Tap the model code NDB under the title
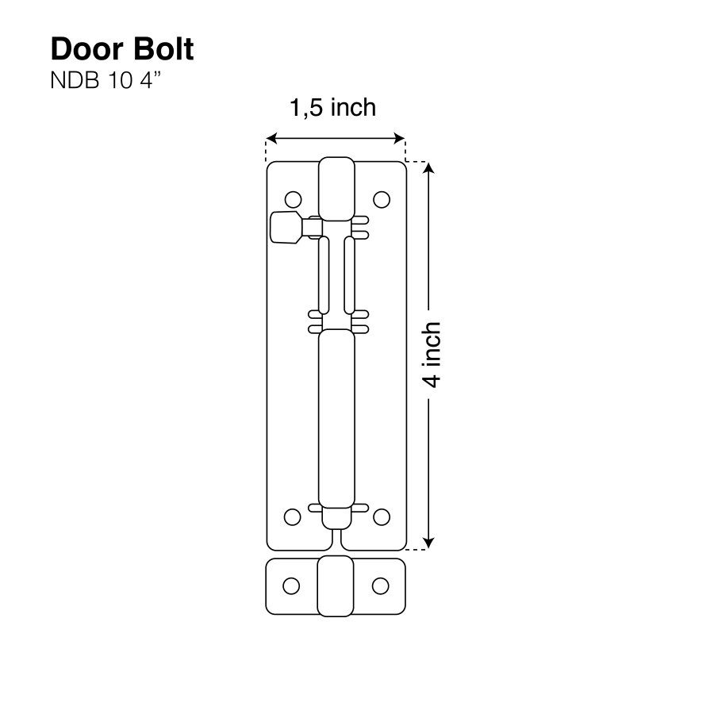[x=75, y=81]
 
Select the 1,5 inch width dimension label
[x=333, y=108]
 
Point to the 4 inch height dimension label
[x=432, y=355]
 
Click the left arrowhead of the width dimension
[x=272, y=138]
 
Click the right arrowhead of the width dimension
[x=399, y=138]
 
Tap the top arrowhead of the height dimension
[x=428, y=168]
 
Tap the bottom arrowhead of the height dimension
[x=428, y=543]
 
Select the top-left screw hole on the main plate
[x=293, y=199]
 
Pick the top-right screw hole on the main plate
[x=382, y=199]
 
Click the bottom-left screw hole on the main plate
[x=292, y=517]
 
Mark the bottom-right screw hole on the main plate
[x=382, y=517]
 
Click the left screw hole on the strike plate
[x=291, y=586]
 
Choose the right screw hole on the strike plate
[x=380, y=586]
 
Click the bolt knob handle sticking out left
[x=286, y=227]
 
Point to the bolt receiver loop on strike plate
[x=336, y=586]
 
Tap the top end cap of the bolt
[x=336, y=189]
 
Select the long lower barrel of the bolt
[x=336, y=419]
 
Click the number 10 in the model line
[x=121, y=81]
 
